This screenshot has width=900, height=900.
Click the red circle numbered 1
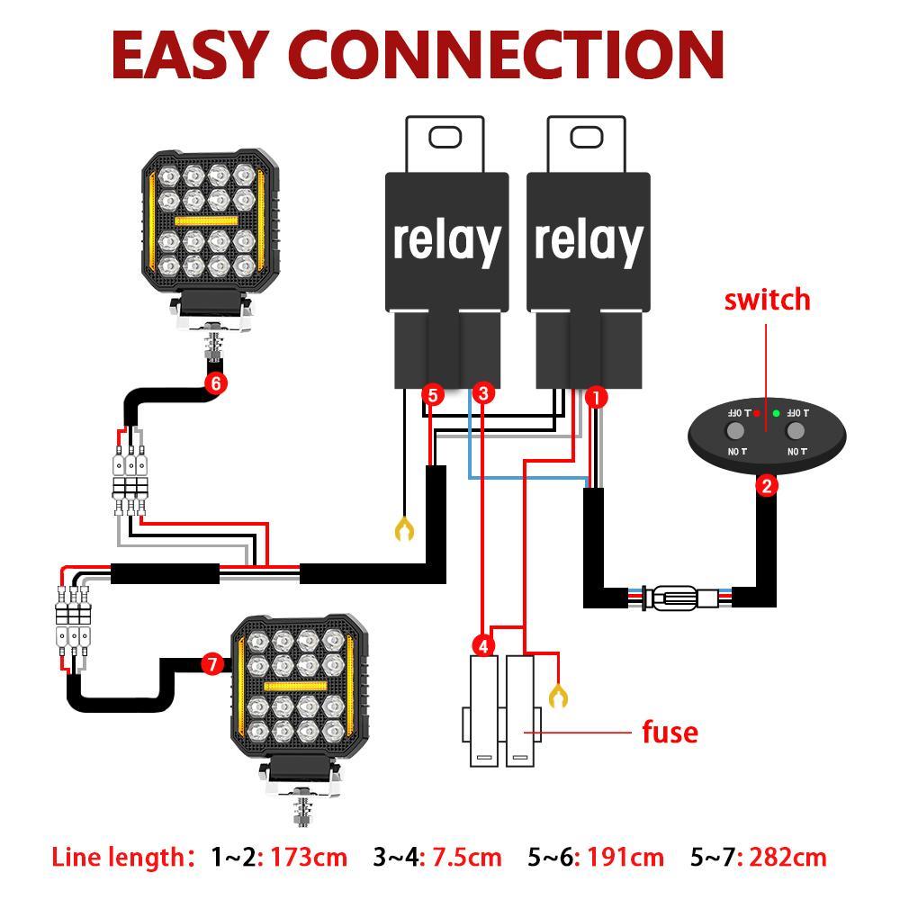tap(595, 396)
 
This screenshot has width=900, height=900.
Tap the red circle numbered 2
tap(767, 486)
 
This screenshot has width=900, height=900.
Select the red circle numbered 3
tap(483, 392)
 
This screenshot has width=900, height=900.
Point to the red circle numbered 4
tap(484, 645)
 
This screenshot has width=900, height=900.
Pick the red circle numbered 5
tap(433, 394)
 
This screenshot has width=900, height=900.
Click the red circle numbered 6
tap(215, 382)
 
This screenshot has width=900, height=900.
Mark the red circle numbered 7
tap(212, 665)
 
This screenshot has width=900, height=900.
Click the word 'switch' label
tap(767, 299)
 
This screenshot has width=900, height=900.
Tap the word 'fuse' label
tap(670, 731)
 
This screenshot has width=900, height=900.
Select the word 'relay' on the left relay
tap(446, 240)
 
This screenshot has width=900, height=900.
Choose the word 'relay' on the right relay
tap(589, 240)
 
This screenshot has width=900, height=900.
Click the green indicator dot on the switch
tap(776, 414)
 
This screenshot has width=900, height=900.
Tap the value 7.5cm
tap(466, 857)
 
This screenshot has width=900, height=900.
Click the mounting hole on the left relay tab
tap(445, 137)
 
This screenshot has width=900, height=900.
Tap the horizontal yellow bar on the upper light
tap(206, 220)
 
